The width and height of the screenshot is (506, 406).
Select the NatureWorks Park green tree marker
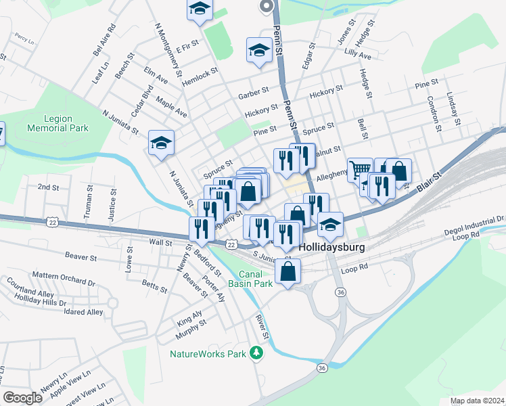coord(256,353)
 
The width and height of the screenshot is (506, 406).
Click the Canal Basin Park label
coord(255,279)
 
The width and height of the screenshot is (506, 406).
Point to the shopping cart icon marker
coord(361,168)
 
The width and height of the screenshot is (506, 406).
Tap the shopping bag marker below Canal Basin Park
coord(288,271)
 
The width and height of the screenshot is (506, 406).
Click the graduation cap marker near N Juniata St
coord(161,143)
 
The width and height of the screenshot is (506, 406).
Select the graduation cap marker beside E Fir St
coord(200,9)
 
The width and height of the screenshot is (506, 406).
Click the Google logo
coord(22,398)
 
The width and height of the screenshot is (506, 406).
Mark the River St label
coord(262,327)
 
